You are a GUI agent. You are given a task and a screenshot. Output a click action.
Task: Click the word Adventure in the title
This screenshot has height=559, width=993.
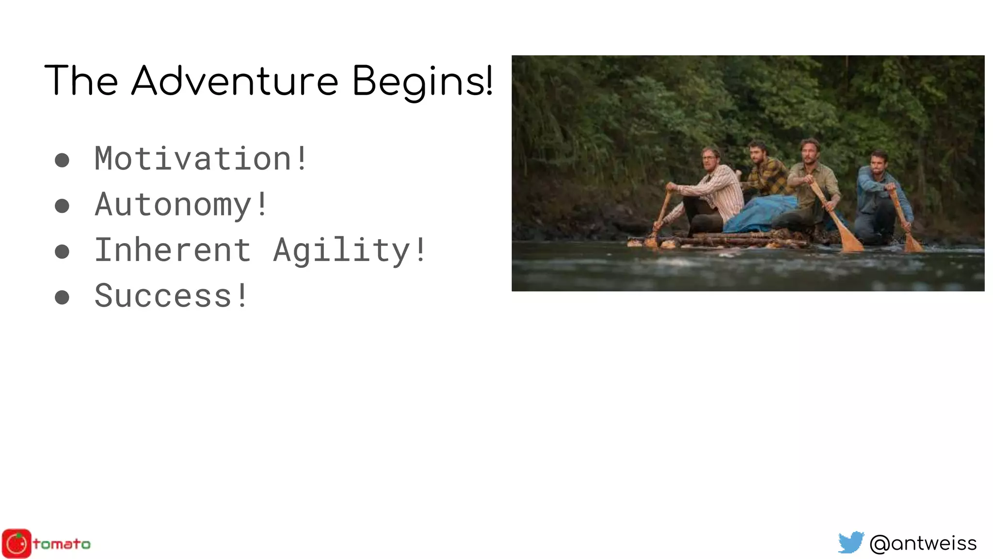click(235, 81)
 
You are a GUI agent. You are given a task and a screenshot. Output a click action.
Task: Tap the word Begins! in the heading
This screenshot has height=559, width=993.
click(422, 82)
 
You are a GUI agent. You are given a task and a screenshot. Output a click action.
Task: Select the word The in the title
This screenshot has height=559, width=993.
click(81, 81)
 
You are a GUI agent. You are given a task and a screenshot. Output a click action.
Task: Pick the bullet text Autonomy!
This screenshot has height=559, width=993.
click(181, 204)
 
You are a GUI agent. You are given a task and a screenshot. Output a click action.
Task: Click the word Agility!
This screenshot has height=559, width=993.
click(349, 251)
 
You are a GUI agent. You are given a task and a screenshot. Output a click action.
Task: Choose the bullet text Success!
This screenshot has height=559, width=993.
click(171, 296)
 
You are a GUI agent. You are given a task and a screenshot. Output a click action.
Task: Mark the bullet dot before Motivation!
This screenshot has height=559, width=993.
click(62, 160)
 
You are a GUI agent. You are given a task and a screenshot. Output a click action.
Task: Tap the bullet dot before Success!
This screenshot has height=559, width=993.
click(62, 297)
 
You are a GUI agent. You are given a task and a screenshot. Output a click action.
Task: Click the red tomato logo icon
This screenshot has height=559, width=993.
click(16, 543)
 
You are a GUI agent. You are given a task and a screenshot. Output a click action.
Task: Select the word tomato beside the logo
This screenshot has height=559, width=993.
click(62, 544)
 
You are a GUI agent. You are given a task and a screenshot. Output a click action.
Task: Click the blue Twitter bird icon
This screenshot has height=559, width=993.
click(851, 543)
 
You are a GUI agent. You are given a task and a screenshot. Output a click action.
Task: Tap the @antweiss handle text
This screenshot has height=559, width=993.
click(923, 543)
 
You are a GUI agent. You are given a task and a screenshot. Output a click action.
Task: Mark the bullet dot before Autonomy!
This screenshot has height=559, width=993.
click(62, 206)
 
